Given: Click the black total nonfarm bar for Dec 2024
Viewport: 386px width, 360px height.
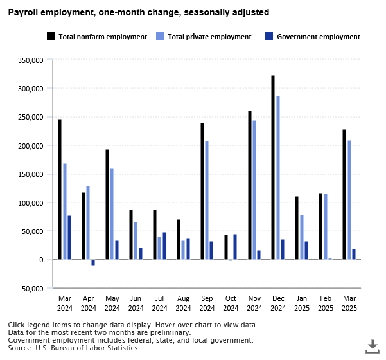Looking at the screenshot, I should point(273,167).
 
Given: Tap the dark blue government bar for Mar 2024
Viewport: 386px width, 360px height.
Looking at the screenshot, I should point(69,237).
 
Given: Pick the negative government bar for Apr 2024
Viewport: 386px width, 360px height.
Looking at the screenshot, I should point(93,262).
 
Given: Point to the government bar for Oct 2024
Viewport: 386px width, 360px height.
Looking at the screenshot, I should point(235,247).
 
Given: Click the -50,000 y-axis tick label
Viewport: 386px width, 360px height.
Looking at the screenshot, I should point(29,288).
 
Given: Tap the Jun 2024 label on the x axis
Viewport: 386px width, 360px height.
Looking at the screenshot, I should point(136,303).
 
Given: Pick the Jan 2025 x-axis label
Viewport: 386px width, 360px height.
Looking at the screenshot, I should point(302,303).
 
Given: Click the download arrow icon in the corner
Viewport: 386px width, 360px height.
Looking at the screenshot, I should point(372,346).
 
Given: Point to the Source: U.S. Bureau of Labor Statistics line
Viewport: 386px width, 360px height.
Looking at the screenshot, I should point(74,348).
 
